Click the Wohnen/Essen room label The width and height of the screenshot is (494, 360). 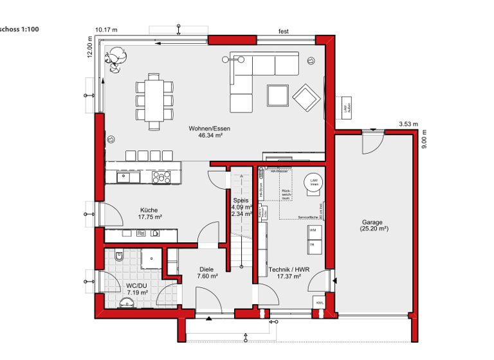pos(209,129)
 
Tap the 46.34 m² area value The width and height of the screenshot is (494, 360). pos(210,136)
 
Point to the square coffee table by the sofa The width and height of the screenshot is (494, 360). pos(279,96)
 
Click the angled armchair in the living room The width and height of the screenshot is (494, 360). pos(306,97)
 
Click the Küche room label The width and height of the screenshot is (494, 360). pos(149,210)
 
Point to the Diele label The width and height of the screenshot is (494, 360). pos(206,270)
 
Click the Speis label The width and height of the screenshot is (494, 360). pos(241,200)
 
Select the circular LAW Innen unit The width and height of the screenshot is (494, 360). pos(314,182)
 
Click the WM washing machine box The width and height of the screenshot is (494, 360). pos(313,230)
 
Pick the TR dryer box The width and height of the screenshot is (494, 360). pos(313,244)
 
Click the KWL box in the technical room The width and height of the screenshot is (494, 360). pos(319,301)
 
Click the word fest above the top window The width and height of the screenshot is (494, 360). pos(283,30)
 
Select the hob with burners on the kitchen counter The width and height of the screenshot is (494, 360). pos(160,176)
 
